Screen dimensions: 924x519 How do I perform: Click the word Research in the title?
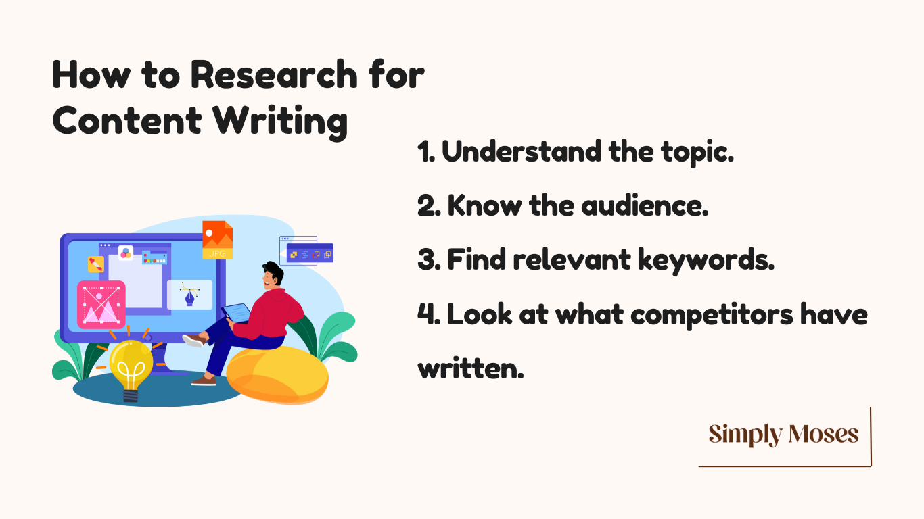click(274, 74)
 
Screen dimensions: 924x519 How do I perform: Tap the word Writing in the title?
click(280, 121)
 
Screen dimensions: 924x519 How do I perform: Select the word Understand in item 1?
click(522, 151)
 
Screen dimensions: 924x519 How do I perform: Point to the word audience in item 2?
click(645, 205)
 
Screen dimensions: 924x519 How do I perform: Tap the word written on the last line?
click(471, 368)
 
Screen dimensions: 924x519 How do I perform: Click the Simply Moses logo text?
click(783, 435)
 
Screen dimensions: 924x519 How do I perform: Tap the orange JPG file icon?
click(217, 240)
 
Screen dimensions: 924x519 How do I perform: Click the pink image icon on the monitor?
click(101, 305)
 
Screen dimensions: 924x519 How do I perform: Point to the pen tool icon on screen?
click(190, 295)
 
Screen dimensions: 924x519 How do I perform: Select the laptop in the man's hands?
click(236, 313)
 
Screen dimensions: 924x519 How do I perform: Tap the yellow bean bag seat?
click(277, 375)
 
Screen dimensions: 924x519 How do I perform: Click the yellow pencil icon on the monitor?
click(95, 264)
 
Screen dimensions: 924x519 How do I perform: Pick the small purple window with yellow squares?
click(310, 253)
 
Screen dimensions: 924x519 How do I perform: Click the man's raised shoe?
click(194, 341)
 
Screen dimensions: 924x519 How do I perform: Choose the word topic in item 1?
click(697, 153)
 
